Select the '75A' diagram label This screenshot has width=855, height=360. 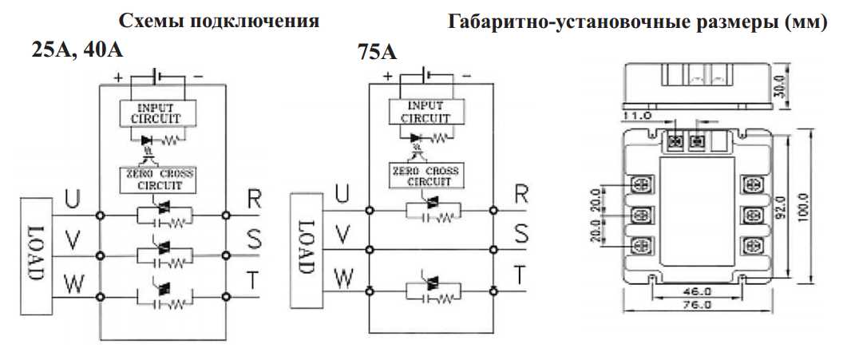(x=378, y=53)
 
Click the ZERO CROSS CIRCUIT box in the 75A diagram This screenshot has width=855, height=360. (x=425, y=176)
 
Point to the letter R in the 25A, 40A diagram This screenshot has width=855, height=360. (x=253, y=200)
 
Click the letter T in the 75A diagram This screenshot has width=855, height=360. (x=519, y=275)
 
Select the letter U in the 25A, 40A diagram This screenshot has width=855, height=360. (x=72, y=200)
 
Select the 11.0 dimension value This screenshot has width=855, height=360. (x=638, y=116)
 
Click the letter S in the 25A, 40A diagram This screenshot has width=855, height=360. (x=254, y=239)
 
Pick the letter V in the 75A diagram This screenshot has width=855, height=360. (x=342, y=234)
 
